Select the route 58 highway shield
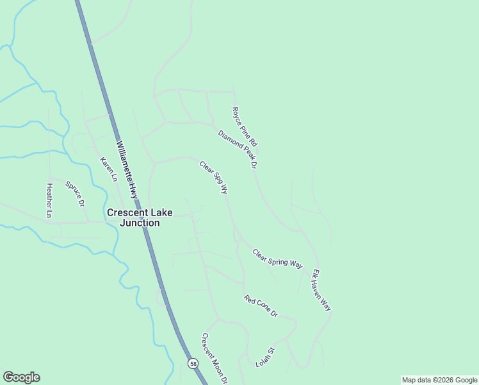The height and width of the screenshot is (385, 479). (x=193, y=364)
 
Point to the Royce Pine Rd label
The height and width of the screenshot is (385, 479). (x=244, y=126)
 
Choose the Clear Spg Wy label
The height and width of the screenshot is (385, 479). (x=214, y=177)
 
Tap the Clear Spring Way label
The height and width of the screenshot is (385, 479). (x=277, y=259)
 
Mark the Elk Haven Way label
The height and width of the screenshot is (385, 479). (x=321, y=291)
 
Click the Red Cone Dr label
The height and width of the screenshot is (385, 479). (x=261, y=307)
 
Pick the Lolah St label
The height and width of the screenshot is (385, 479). (x=264, y=357)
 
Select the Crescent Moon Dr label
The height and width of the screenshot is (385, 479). (x=215, y=358)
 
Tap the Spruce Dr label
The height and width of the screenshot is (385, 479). (x=75, y=194)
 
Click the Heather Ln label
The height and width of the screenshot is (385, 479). (x=49, y=199)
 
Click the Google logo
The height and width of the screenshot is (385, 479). (x=21, y=377)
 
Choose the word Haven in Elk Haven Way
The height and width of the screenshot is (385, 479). (x=321, y=291)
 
